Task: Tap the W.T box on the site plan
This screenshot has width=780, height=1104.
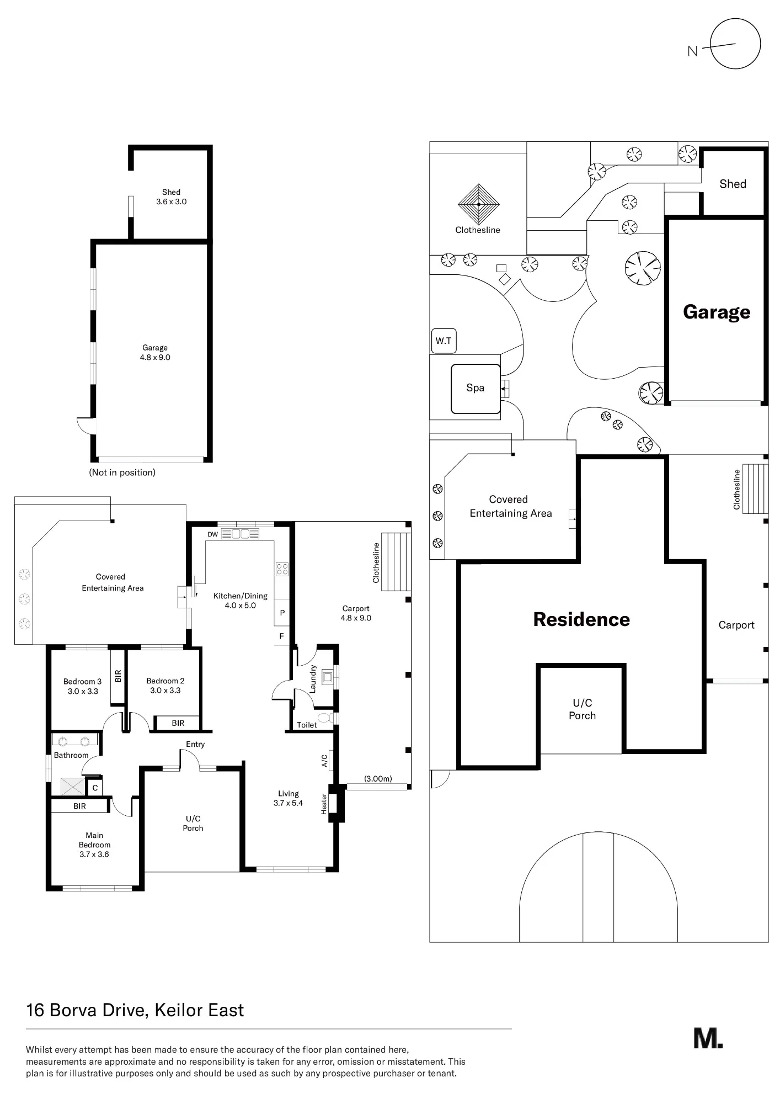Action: pyautogui.click(x=444, y=341)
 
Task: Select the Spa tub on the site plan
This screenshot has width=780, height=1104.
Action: pyautogui.click(x=476, y=389)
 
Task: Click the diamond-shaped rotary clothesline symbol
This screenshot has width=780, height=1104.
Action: pyautogui.click(x=479, y=204)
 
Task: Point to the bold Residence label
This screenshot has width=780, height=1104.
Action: pyautogui.click(x=581, y=619)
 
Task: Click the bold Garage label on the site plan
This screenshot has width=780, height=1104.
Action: pyautogui.click(x=717, y=312)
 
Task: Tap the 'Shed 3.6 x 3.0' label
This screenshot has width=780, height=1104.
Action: pyautogui.click(x=171, y=197)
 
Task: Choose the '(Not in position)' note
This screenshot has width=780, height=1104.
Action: pyautogui.click(x=122, y=473)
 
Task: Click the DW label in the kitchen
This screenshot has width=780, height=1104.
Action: pyautogui.click(x=212, y=534)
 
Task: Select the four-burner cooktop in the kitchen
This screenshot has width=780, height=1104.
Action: pyautogui.click(x=282, y=569)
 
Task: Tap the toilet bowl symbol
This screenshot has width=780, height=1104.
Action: pyautogui.click(x=325, y=718)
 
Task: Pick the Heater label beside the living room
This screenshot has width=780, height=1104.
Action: pyautogui.click(x=324, y=804)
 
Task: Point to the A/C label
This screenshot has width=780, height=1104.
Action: pyautogui.click(x=324, y=761)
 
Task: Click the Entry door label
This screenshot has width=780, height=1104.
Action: pyautogui.click(x=195, y=744)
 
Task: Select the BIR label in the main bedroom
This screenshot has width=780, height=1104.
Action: pyautogui.click(x=79, y=806)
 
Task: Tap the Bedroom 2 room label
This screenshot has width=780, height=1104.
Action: pyautogui.click(x=165, y=686)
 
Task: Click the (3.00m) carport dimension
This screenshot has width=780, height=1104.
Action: pyautogui.click(x=378, y=779)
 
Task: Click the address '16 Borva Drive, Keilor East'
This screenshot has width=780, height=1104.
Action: pyautogui.click(x=135, y=1010)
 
